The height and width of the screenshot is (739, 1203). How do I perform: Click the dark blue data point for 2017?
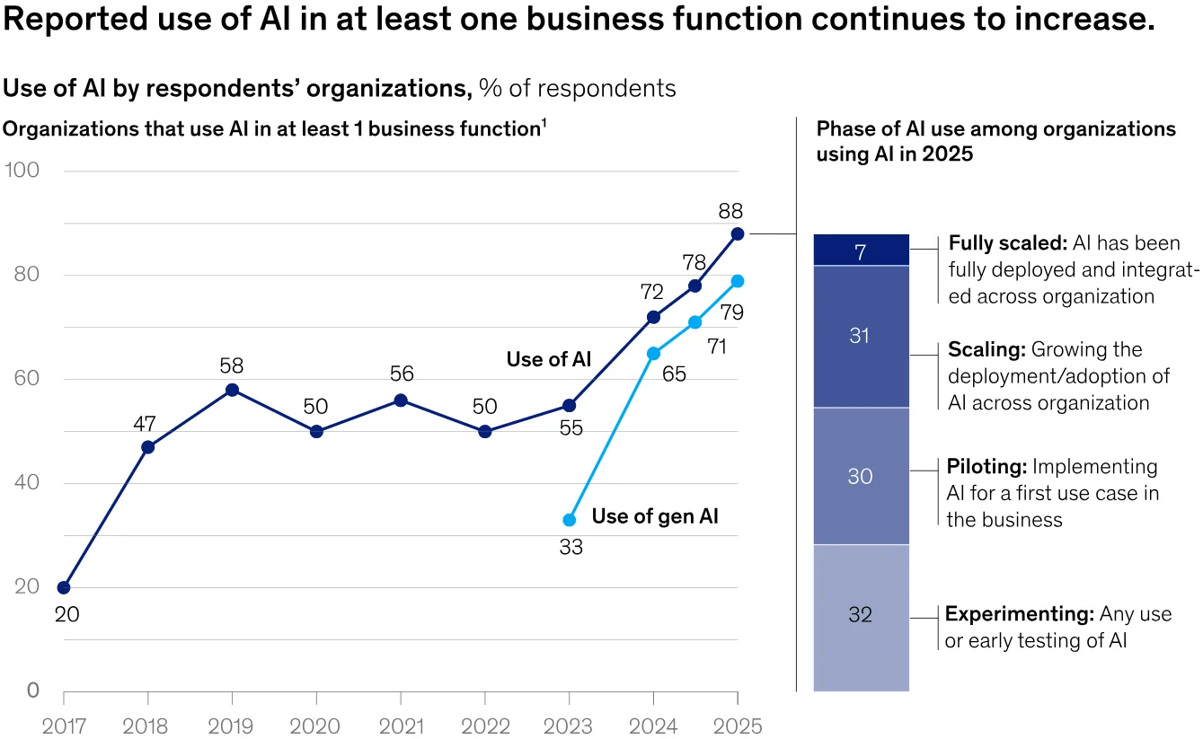(64, 587)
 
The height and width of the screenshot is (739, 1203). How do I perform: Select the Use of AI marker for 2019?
(232, 391)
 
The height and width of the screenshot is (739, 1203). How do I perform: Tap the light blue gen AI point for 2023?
(570, 520)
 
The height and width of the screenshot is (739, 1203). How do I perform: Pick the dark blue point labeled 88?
(738, 234)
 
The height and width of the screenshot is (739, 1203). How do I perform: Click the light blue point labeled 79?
(738, 281)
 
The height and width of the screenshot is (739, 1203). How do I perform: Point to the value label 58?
(232, 366)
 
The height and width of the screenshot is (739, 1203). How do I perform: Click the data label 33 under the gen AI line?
(571, 548)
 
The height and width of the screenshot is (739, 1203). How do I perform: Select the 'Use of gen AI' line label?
(655, 516)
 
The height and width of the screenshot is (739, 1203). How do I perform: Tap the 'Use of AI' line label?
(548, 359)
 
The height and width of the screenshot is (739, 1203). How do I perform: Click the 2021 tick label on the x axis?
(402, 726)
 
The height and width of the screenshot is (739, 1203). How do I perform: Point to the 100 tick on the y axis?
(22, 170)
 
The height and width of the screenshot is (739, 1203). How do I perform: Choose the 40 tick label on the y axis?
(27, 482)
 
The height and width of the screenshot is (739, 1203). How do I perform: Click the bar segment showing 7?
(862, 250)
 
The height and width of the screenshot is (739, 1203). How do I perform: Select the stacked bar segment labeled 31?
(862, 337)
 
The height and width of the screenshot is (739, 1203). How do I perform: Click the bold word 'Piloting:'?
(986, 467)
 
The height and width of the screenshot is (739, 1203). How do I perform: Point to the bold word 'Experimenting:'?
(1020, 614)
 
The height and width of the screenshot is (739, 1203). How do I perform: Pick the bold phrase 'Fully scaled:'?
(1008, 243)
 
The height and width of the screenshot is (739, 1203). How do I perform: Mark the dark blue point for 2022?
(485, 432)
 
